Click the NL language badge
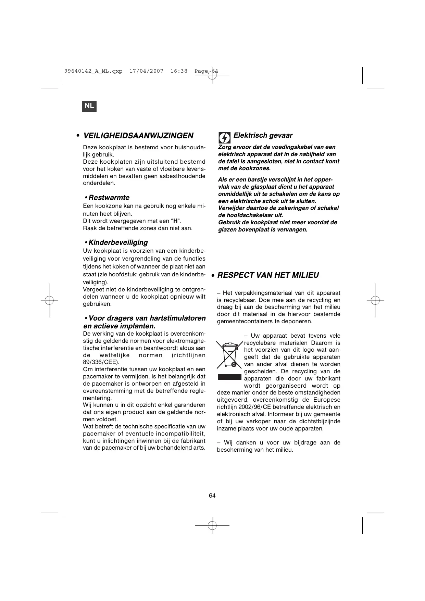[89, 106]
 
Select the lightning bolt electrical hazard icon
[224, 138]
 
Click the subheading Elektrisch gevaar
[263, 135]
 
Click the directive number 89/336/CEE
[101, 362]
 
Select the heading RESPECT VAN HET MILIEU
[268, 275]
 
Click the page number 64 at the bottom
[212, 496]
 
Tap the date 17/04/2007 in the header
[146, 71]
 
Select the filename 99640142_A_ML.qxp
[93, 71]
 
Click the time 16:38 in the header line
[179, 71]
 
